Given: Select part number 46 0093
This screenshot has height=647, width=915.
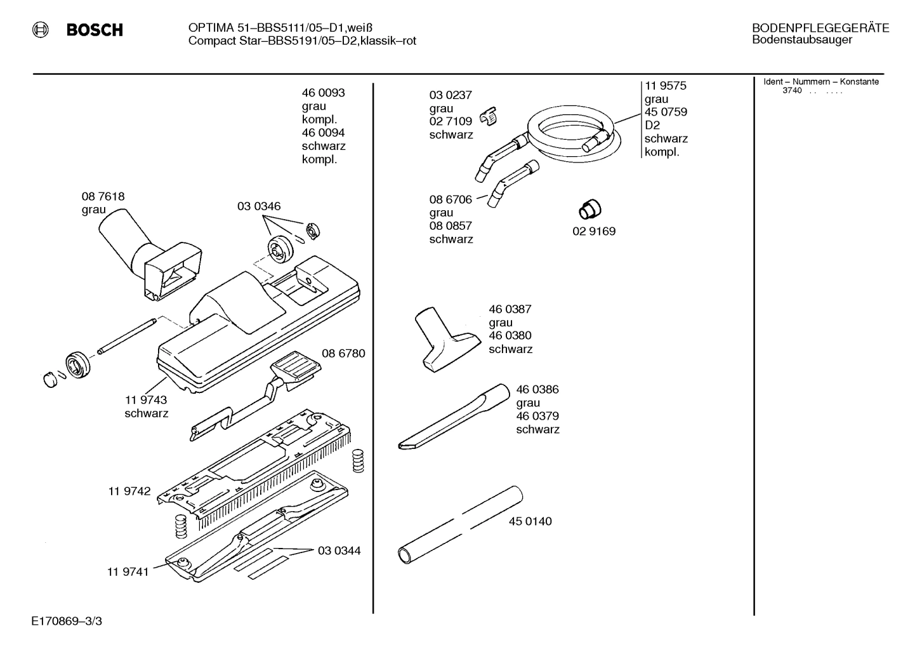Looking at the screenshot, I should pos(323,93).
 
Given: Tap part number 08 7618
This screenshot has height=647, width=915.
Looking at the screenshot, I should pos(103,197).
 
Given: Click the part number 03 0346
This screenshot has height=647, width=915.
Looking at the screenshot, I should pos(259,206).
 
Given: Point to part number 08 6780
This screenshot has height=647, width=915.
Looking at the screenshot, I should pos(343,353).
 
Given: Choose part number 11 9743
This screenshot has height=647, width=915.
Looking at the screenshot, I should pos(146,400).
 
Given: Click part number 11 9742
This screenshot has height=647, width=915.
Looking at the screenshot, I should pos(129,491).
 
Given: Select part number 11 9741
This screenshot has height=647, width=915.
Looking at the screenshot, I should pos(128,571).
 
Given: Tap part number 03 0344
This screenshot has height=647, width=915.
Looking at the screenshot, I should pos(339,550).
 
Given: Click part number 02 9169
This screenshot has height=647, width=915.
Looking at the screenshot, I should pos(594,231).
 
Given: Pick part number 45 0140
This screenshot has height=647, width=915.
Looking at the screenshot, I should pos(530,521).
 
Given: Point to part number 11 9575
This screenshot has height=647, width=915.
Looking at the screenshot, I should pos(666,86).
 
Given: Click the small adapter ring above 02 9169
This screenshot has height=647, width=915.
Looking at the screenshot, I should pos(590,208).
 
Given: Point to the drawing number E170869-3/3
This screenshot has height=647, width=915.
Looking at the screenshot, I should pos(66,620).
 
